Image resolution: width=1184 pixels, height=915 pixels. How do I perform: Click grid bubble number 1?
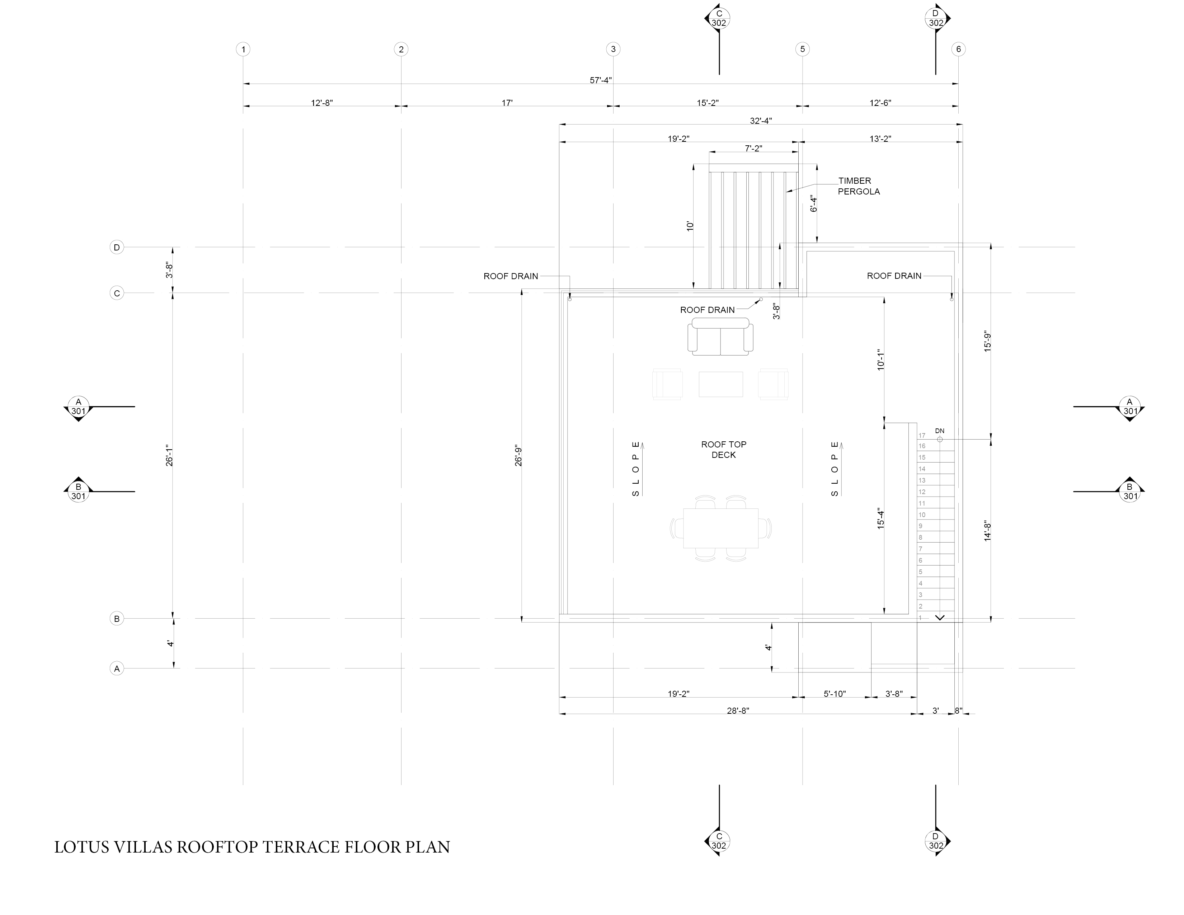pos(243,49)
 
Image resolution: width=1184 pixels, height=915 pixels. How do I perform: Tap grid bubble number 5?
pos(802,49)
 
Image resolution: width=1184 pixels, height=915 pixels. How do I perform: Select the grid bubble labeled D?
pos(117,248)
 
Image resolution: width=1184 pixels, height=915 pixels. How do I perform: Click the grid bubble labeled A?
pos(117,668)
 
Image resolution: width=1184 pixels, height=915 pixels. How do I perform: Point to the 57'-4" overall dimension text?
pos(601,80)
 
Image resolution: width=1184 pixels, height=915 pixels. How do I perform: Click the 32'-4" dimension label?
pos(761,121)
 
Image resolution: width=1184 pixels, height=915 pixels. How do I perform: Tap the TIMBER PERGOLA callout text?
pos(858,186)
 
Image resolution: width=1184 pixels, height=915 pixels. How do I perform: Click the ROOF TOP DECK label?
pos(724,449)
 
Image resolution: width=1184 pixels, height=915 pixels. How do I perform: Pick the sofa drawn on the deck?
pos(720,337)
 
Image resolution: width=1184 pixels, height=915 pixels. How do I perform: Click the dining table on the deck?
pos(720,528)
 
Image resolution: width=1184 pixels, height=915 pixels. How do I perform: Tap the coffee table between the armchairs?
pos(720,384)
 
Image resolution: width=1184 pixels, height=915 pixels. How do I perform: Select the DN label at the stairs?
pos(940,431)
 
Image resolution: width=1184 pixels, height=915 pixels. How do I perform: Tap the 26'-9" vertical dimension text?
pos(518,455)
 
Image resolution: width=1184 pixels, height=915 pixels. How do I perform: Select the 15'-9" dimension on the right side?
pos(987,342)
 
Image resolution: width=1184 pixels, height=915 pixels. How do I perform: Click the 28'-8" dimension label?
pos(738,710)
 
